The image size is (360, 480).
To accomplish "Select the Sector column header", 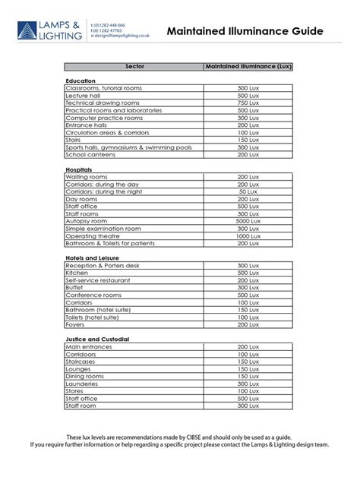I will tap(134, 67).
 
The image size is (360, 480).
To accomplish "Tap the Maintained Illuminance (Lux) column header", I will tap(248, 67).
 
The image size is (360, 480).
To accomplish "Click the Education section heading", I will tap(81, 81).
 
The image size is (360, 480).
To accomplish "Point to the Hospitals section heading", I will tap(80, 169).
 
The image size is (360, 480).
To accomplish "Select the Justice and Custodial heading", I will tap(97, 339).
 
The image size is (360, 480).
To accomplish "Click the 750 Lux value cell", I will tap(248, 103).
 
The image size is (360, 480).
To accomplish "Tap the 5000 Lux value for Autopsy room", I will tap(248, 221).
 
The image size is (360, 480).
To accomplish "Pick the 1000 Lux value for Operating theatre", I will tap(248, 236).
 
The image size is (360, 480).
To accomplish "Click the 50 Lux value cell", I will tap(248, 191).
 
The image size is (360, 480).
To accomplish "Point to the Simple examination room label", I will tap(104, 229).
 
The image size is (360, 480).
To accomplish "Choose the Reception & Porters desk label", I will tap(103, 266).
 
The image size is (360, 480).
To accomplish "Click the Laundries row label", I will tap(86, 384).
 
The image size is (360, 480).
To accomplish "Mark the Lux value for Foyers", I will tap(248, 324).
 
